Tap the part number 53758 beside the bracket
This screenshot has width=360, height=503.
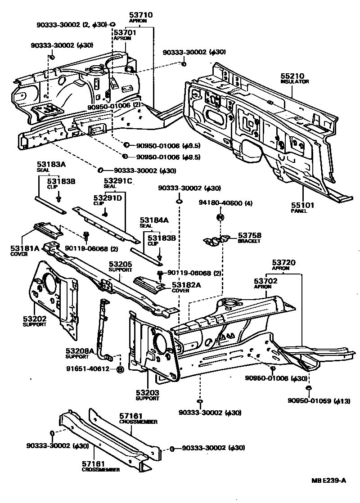pos(250,235)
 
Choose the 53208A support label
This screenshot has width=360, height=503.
pos(80,350)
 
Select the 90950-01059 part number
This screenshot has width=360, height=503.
pos(309,401)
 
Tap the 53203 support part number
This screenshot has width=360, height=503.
pos(148,392)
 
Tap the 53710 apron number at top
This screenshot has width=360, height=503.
pos(141,15)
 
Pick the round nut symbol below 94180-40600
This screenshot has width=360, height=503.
pos(220,217)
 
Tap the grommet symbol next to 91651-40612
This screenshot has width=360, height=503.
pos(120,369)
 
